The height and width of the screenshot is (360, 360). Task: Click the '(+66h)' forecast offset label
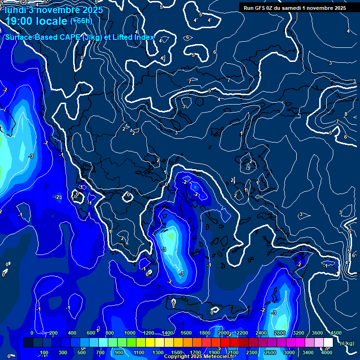[x=81, y=21]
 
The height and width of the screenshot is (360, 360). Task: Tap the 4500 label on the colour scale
[x=336, y=333]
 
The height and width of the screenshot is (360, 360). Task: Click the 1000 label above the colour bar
[x=130, y=333]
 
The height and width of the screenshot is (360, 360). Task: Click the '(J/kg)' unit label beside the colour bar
[x=346, y=343]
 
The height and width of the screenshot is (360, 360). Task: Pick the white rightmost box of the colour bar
[x=328, y=343]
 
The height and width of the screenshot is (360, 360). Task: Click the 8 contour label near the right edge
[x=345, y=114]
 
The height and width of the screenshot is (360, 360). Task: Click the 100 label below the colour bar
[x=45, y=352]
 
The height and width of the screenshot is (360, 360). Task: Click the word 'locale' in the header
[x=52, y=22]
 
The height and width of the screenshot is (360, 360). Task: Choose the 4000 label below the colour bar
[x=327, y=352]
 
